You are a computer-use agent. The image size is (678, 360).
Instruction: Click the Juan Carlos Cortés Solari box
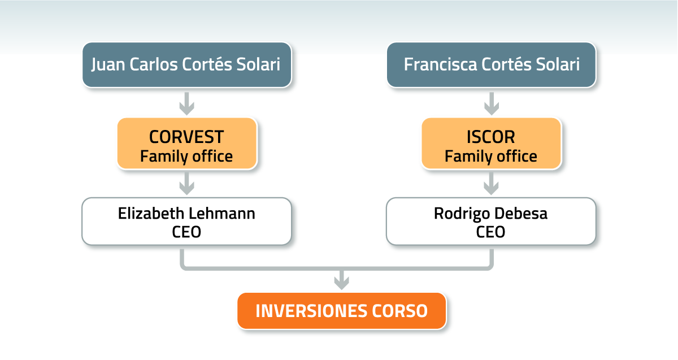point(187,65)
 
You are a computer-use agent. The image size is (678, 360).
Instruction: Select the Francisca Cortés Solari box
point(491,65)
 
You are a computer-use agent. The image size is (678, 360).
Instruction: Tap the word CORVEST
point(186,137)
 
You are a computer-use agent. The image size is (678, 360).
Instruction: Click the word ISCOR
point(490,137)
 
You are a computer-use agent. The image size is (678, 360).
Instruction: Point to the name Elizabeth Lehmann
point(186,214)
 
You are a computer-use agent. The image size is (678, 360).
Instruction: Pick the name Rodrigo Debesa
point(490,214)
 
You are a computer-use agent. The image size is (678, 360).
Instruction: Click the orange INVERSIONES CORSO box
point(342,311)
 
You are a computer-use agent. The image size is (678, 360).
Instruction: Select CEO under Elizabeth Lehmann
point(186,232)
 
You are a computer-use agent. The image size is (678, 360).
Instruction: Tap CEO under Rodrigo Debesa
point(490,232)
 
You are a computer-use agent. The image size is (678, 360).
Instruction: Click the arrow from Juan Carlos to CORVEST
point(187,104)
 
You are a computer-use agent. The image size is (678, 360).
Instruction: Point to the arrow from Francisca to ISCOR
point(492,104)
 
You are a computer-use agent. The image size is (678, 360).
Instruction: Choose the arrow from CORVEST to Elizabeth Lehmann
point(187,184)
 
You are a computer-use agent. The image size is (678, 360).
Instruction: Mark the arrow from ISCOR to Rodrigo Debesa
point(491,184)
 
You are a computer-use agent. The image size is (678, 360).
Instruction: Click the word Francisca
point(440,64)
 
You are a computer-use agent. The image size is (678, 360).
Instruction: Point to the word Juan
point(108,65)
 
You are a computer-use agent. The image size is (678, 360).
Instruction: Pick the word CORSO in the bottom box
point(399,311)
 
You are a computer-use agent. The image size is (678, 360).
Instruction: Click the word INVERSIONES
point(312,311)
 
